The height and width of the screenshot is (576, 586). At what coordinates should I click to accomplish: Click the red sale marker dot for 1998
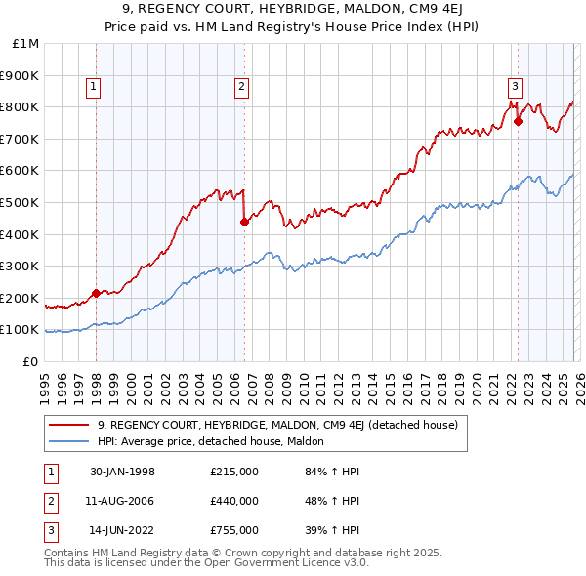96,293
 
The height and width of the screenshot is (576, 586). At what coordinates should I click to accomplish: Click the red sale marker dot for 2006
243,222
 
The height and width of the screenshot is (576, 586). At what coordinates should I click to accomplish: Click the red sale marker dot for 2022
518,122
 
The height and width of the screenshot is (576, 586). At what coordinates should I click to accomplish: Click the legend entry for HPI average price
217,441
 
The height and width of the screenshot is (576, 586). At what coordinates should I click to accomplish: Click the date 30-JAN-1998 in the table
122,473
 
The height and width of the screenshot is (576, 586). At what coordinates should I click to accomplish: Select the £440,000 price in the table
233,501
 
